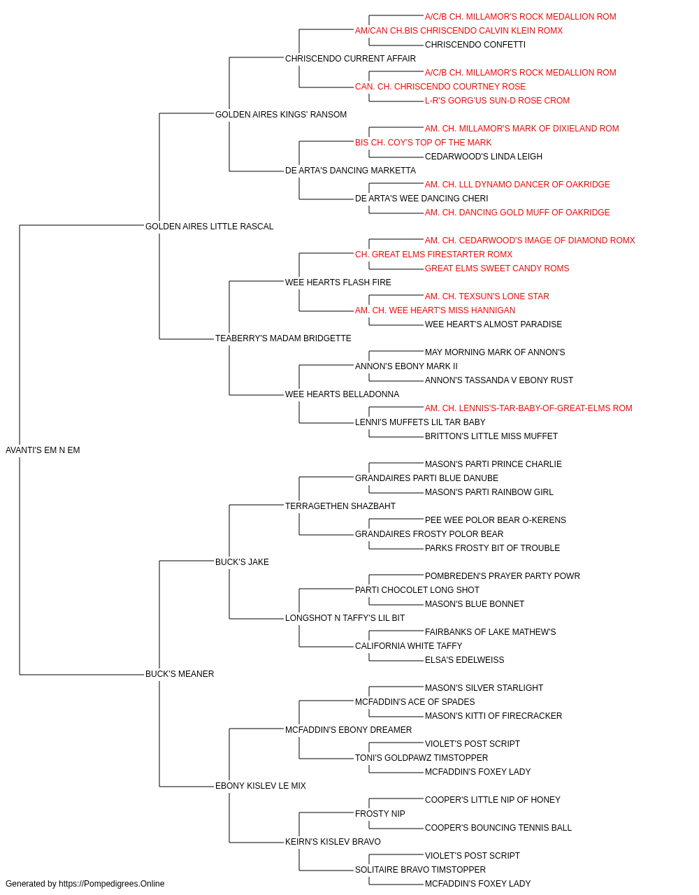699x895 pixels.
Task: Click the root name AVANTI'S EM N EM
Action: click(43, 450)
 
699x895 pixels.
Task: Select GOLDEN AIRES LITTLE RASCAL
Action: click(209, 227)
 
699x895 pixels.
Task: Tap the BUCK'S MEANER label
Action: click(180, 674)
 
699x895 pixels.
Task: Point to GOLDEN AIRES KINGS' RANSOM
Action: click(281, 115)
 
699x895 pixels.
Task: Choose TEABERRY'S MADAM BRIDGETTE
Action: click(283, 338)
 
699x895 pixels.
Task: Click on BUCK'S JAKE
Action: click(242, 562)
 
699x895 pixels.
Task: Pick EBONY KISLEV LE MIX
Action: click(261, 786)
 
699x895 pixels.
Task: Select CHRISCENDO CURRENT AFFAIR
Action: click(350, 59)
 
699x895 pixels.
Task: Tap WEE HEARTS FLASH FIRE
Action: click(338, 282)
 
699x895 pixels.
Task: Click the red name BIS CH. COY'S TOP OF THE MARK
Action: click(423, 143)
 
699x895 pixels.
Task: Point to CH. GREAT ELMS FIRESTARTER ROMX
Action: click(433, 255)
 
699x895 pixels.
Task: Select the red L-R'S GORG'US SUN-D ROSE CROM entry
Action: click(497, 101)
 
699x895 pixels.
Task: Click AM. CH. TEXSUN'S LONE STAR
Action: click(487, 296)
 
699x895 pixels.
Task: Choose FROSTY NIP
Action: click(380, 814)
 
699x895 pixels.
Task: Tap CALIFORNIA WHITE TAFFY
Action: click(408, 646)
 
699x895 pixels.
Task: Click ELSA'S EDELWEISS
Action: click(464, 660)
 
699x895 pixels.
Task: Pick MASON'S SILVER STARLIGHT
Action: click(484, 688)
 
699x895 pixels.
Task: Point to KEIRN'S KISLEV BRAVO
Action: click(333, 842)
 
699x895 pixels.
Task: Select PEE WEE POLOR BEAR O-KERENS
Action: click(495, 520)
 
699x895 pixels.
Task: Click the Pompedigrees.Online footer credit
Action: click(85, 884)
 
